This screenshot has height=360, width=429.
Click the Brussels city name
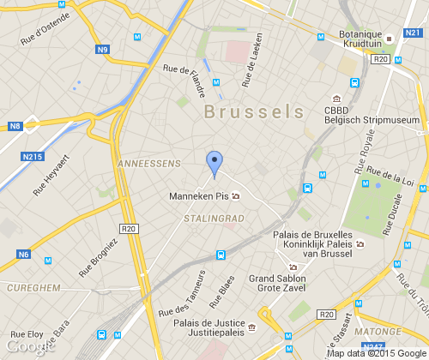pos(254,111)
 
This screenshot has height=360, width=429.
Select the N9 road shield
pos(104,50)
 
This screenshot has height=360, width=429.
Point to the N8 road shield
pos(15,126)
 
